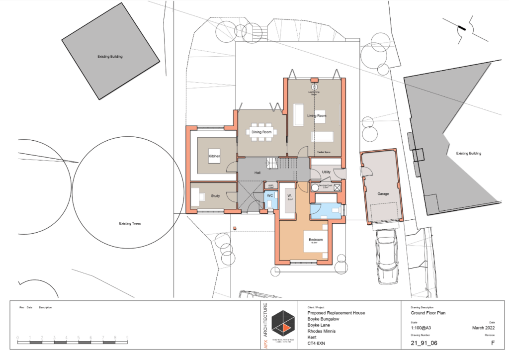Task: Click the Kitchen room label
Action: (x=214, y=157)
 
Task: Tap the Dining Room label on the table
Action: (x=261, y=132)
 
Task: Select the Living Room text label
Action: (x=317, y=116)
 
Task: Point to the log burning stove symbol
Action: (x=314, y=86)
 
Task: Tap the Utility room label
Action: (x=326, y=172)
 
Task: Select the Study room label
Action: (x=215, y=196)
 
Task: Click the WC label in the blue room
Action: (x=270, y=196)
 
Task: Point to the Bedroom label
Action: (x=316, y=240)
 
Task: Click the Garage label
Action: (x=383, y=194)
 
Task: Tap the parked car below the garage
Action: (x=387, y=256)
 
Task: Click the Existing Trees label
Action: (x=130, y=224)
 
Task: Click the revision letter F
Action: (x=493, y=343)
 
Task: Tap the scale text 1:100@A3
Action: (x=422, y=328)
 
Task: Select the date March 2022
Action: (x=483, y=328)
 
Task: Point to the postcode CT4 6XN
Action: (x=319, y=343)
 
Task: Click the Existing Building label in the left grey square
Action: (x=110, y=57)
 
